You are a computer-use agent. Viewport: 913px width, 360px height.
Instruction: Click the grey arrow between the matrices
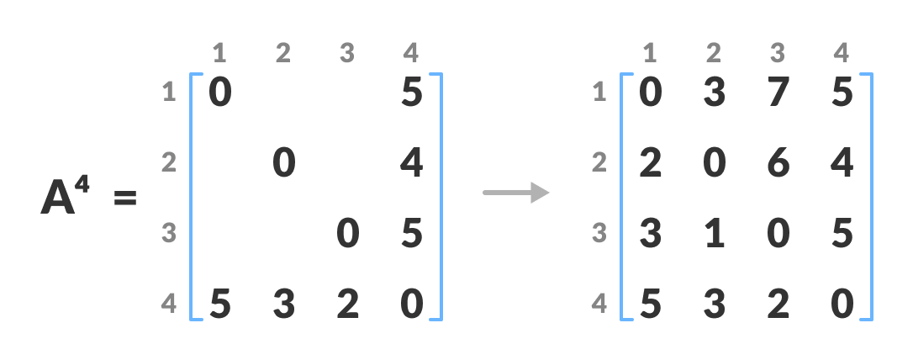pyautogui.click(x=515, y=193)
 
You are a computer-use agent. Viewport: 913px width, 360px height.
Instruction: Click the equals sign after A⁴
pyautogui.click(x=124, y=199)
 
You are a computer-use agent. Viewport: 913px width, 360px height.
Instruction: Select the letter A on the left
pyautogui.click(x=58, y=199)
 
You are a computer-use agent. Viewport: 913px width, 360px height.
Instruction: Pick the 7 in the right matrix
pyautogui.click(x=778, y=93)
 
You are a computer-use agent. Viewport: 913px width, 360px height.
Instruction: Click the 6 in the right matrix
pyautogui.click(x=778, y=163)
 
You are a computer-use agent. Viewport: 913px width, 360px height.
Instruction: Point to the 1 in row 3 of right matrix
pyautogui.click(x=714, y=234)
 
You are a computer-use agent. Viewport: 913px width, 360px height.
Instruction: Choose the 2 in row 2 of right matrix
pyautogui.click(x=650, y=163)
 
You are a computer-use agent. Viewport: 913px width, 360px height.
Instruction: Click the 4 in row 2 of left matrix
pyautogui.click(x=411, y=163)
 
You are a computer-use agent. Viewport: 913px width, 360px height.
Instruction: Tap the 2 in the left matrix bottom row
pyautogui.click(x=347, y=304)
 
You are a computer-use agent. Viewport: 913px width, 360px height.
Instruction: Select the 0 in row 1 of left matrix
pyautogui.click(x=219, y=93)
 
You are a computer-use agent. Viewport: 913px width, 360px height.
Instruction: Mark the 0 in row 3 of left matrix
pyautogui.click(x=347, y=234)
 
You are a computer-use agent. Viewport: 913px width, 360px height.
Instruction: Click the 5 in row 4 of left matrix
pyautogui.click(x=219, y=304)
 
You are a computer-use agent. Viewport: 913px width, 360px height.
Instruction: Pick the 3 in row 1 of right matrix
pyautogui.click(x=714, y=93)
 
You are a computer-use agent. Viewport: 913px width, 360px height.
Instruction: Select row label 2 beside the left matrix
pyautogui.click(x=169, y=162)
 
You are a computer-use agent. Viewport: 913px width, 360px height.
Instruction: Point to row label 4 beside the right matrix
pyautogui.click(x=599, y=304)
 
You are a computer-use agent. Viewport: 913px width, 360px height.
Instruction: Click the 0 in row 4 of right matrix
pyautogui.click(x=842, y=304)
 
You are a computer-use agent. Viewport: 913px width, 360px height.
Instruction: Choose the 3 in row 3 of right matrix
pyautogui.click(x=650, y=234)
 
